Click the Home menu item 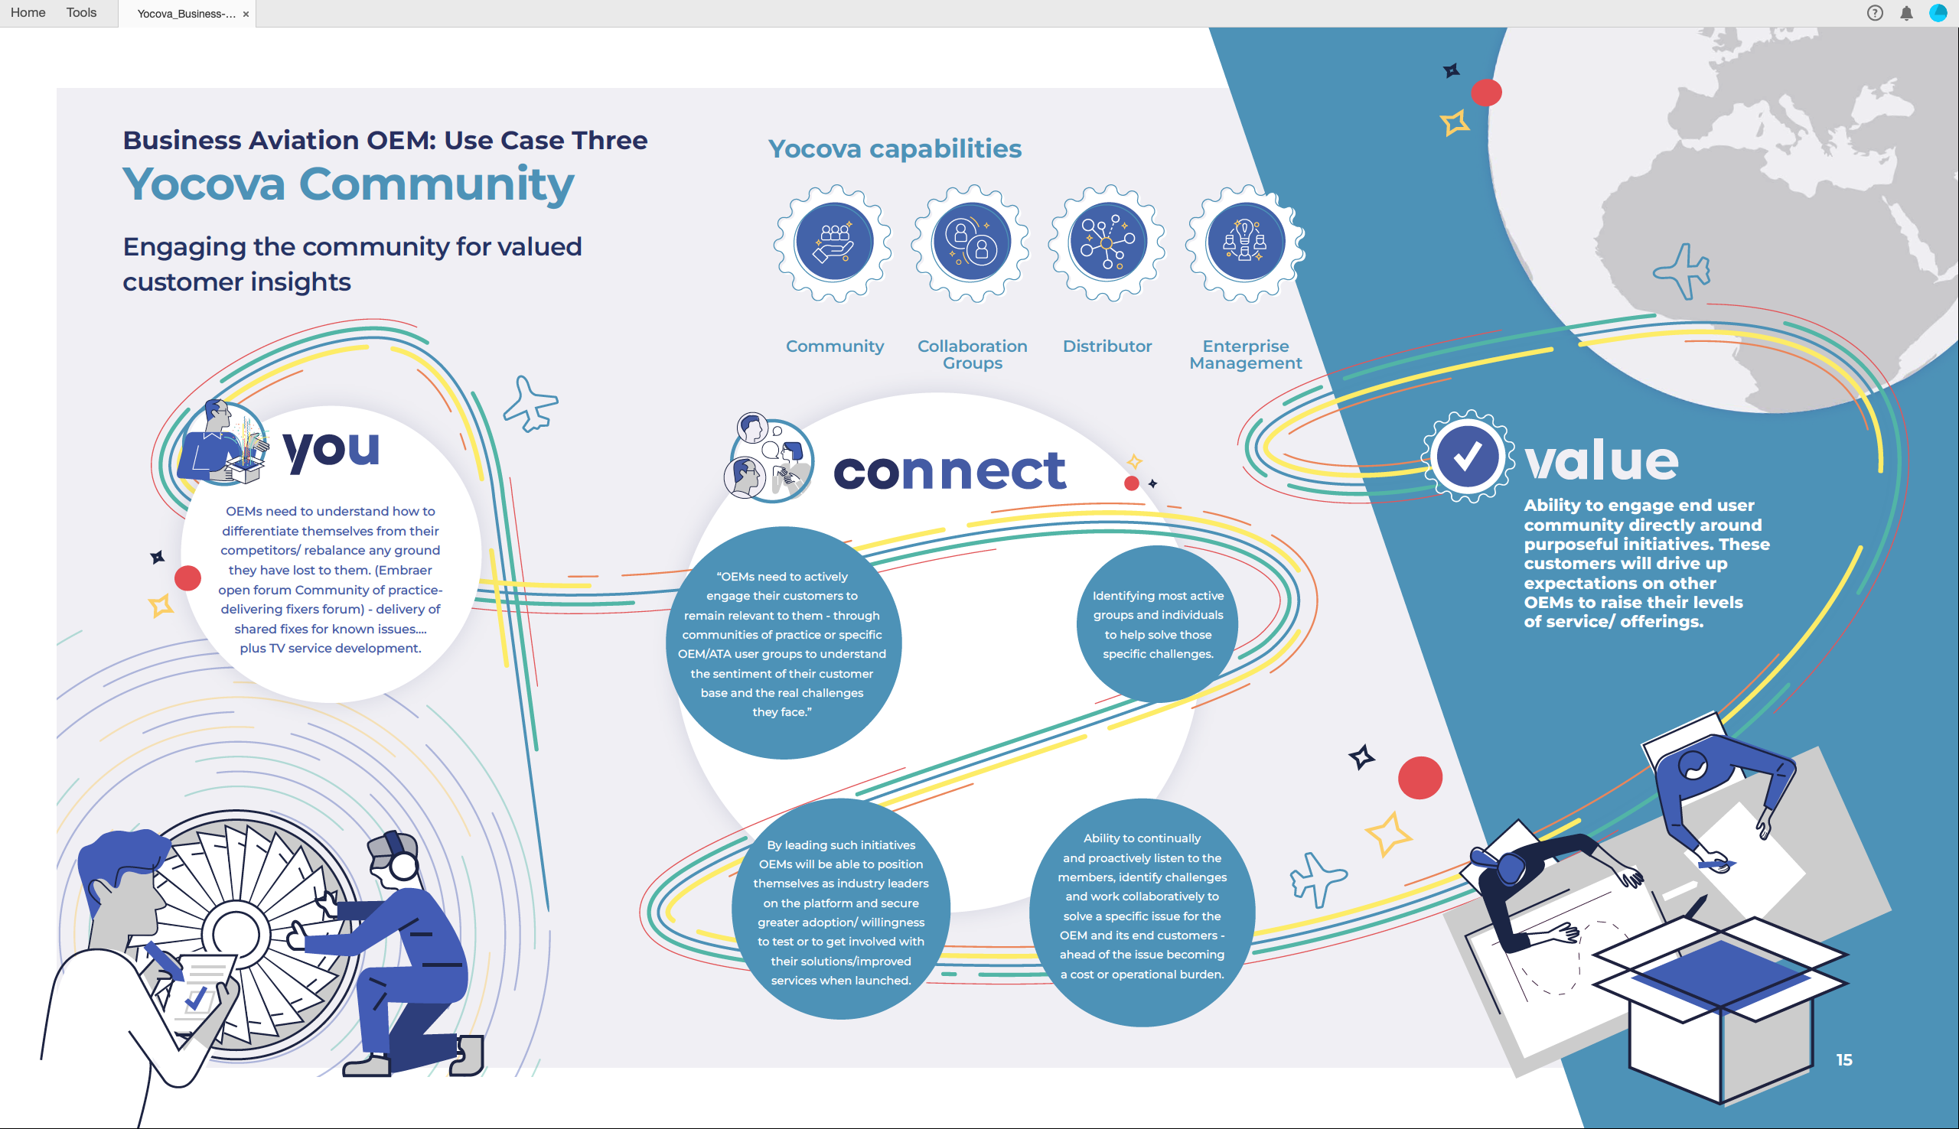click(x=28, y=12)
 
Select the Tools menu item click(x=81, y=12)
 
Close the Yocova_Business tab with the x click(x=246, y=14)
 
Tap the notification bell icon click(x=1906, y=13)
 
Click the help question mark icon click(x=1875, y=13)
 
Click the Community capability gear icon click(x=833, y=242)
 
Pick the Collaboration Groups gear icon click(x=971, y=242)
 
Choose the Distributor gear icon click(x=1107, y=242)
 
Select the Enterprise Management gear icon click(x=1245, y=242)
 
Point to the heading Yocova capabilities click(x=895, y=148)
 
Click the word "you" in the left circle click(x=331, y=450)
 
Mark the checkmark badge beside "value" click(x=1467, y=457)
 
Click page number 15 click(x=1844, y=1060)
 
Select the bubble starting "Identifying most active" click(x=1157, y=624)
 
